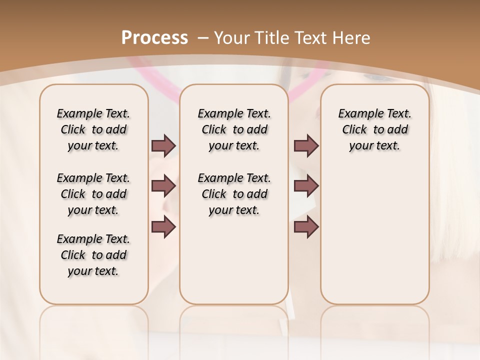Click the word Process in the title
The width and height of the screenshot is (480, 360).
click(154, 37)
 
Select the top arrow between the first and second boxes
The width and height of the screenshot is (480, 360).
click(163, 146)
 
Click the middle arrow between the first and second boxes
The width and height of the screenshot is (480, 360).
click(163, 186)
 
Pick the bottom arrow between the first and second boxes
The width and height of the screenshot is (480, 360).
click(163, 227)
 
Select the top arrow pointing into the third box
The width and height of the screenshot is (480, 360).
click(306, 146)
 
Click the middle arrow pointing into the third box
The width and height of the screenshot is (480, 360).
click(306, 186)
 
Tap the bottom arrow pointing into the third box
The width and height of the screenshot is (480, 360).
click(306, 227)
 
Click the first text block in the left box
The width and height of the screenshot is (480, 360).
click(93, 129)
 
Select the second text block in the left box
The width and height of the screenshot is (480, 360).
click(93, 194)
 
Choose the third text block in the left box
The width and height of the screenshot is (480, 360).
click(93, 255)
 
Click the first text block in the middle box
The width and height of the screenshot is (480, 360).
click(234, 129)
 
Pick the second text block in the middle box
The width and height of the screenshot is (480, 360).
click(234, 194)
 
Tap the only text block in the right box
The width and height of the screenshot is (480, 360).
click(374, 129)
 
